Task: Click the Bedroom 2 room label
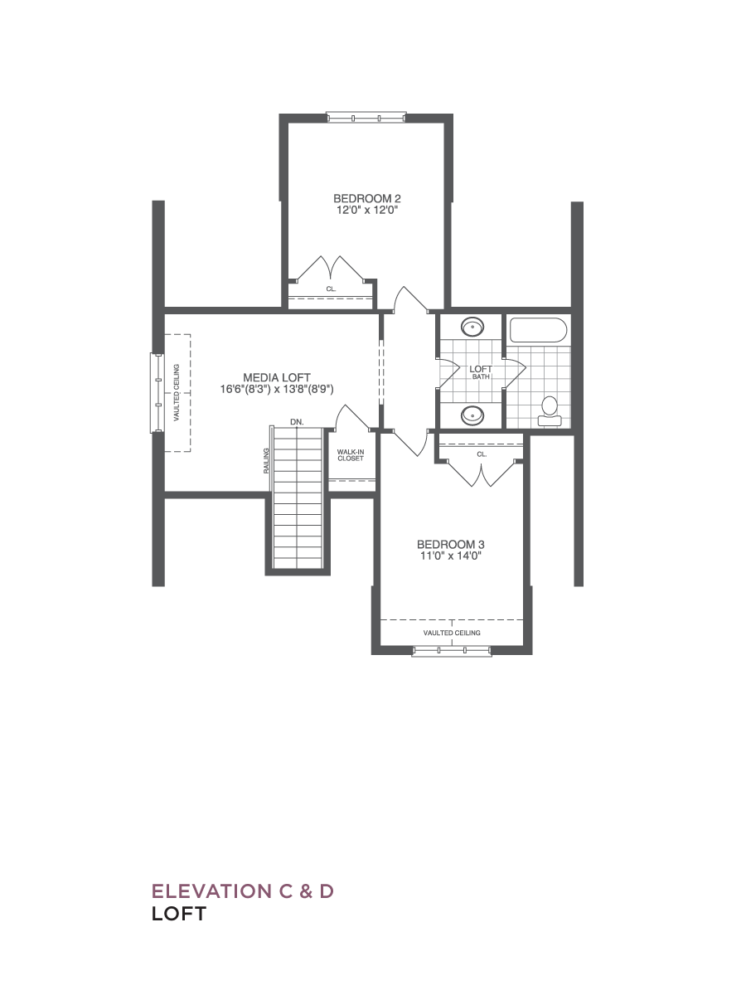point(367,198)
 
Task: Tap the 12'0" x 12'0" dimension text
point(367,210)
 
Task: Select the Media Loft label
point(277,377)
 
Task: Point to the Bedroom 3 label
point(451,544)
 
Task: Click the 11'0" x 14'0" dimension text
point(451,556)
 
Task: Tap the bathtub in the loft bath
point(539,330)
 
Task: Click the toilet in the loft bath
point(550,411)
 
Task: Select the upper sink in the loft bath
point(472,327)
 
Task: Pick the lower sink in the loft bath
point(472,415)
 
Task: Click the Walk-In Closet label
point(351,455)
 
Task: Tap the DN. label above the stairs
point(297,422)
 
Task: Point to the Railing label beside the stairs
point(266,461)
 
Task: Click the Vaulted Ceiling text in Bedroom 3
point(452,633)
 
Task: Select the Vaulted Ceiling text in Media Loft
point(177,392)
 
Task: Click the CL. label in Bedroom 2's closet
point(331,289)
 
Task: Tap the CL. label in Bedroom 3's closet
point(482,454)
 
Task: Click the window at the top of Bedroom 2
point(366,118)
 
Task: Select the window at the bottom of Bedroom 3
point(452,652)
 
